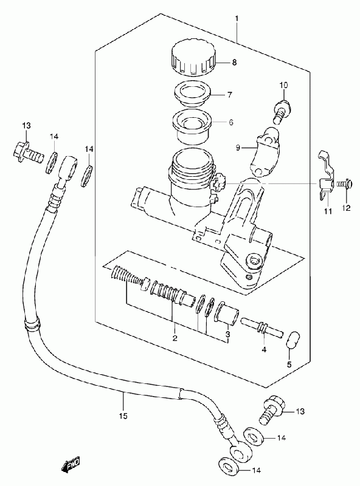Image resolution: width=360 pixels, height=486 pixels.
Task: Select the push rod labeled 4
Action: (261, 327)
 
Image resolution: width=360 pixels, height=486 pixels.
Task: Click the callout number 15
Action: (123, 416)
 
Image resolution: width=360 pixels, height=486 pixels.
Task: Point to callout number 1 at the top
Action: (237, 19)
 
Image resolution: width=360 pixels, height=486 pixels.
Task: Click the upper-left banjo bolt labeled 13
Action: (27, 152)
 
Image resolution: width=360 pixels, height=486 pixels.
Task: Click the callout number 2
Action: (175, 338)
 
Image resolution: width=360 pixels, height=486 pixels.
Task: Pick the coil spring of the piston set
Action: (128, 275)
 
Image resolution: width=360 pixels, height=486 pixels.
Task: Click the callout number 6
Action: (230, 122)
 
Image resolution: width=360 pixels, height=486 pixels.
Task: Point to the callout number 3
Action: (227, 334)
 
